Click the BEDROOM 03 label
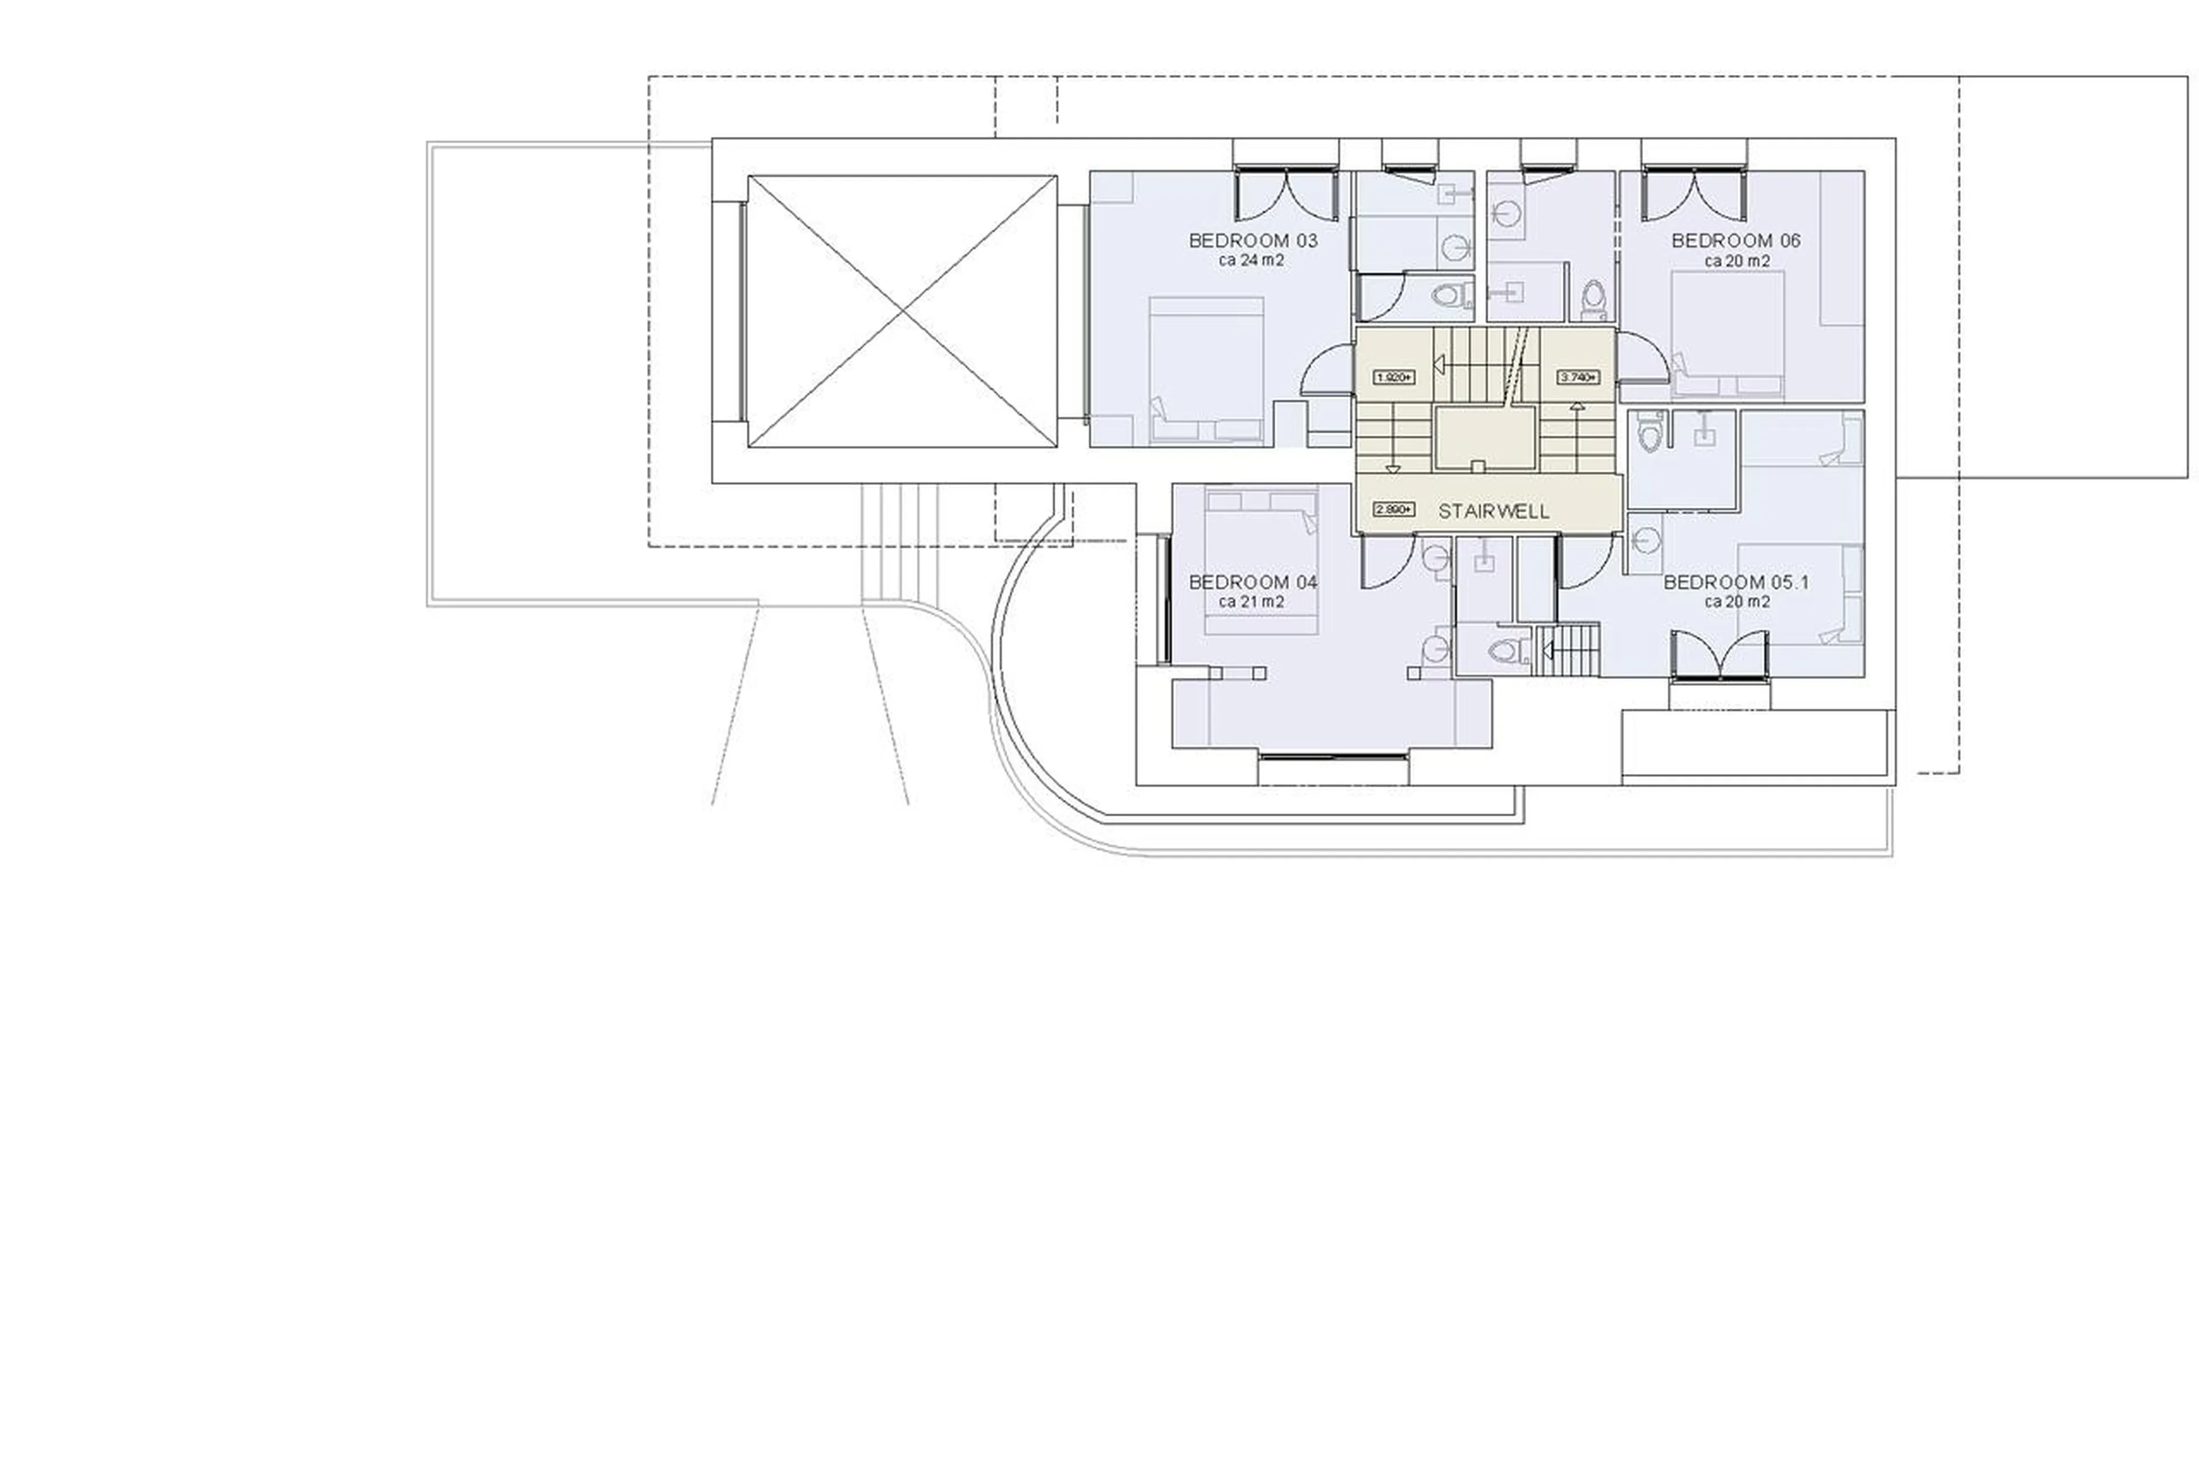1252,240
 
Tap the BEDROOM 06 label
1736,240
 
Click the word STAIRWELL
1492,511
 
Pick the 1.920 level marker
1393,377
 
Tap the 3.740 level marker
1578,377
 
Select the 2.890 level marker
1393,510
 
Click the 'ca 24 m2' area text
1251,260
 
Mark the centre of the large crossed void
902,311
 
